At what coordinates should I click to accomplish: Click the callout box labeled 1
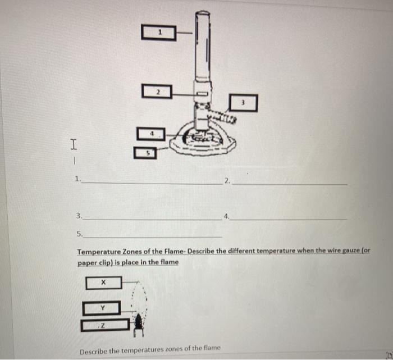[x=160, y=33]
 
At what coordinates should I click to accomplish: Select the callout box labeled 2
[x=158, y=90]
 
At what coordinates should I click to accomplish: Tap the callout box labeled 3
[x=244, y=103]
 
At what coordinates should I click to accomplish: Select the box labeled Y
[x=102, y=308]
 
